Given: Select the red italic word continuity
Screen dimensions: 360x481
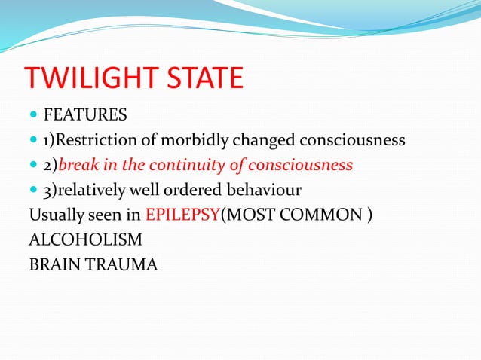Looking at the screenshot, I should tap(196, 165).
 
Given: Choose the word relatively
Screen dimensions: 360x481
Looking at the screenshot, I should tap(93, 189).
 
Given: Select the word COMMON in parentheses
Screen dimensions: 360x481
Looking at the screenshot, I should tap(325, 214).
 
